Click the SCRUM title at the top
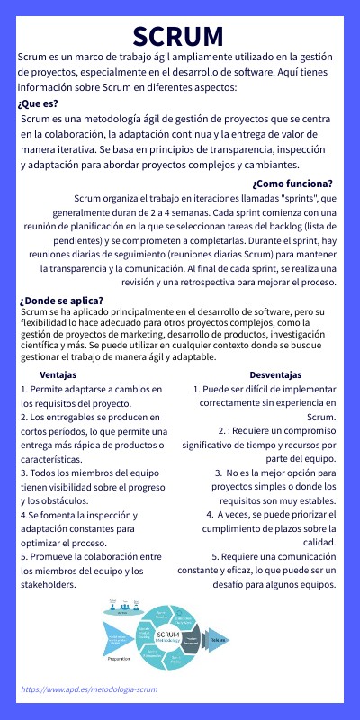[179, 36]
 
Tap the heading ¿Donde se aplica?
[60, 301]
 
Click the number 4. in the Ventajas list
[24, 515]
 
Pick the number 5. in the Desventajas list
[216, 557]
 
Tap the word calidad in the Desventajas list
[315, 543]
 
